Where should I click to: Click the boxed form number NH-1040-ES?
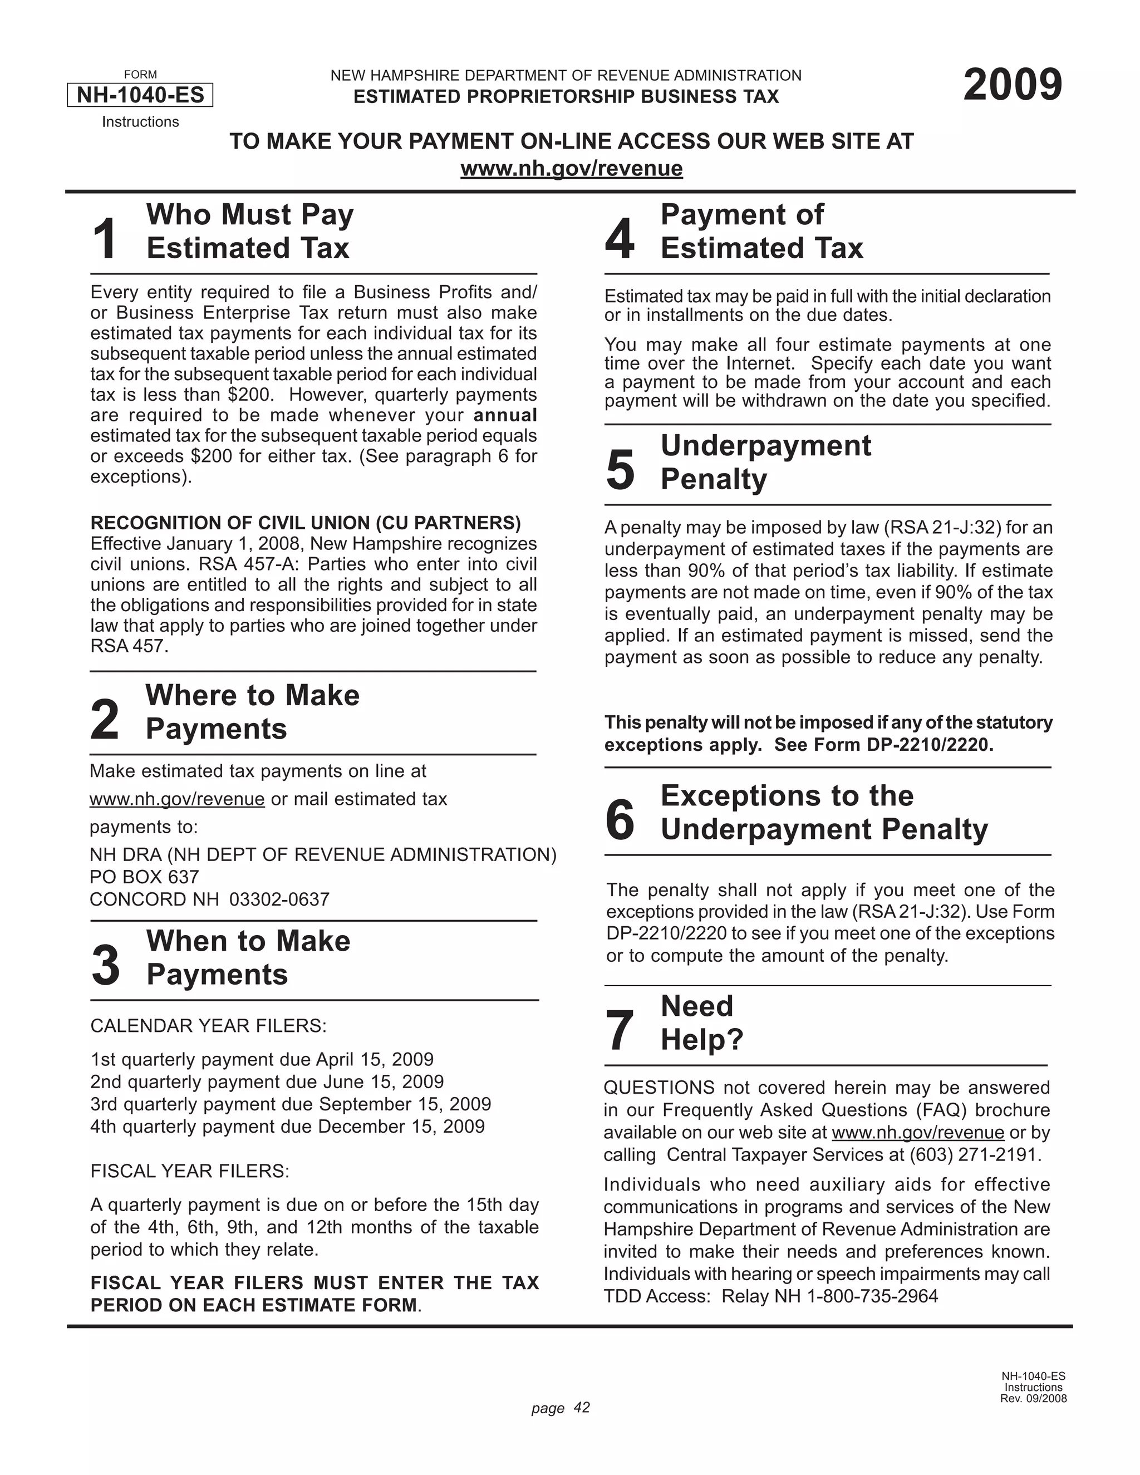click(x=140, y=95)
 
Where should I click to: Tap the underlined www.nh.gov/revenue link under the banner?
click(x=571, y=168)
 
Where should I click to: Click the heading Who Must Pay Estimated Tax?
click(x=249, y=231)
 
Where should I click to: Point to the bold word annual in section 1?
click(x=505, y=415)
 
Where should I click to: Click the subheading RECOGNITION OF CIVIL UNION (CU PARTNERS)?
click(x=305, y=523)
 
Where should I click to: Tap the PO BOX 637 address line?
click(x=145, y=877)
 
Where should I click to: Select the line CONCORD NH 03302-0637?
click(x=209, y=899)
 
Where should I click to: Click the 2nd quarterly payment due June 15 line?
click(x=267, y=1081)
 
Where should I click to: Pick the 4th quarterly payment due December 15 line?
click(x=287, y=1126)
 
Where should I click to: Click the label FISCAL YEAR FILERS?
click(x=190, y=1171)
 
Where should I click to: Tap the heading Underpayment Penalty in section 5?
click(x=766, y=462)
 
